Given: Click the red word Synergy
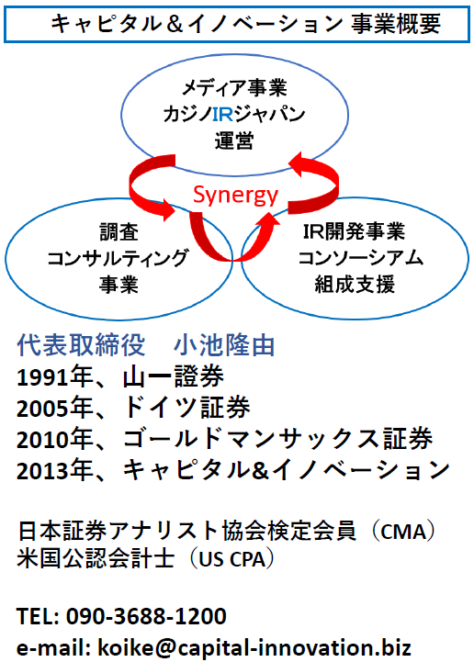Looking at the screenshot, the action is (235, 196).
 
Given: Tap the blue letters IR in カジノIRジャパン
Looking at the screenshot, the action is (222, 114).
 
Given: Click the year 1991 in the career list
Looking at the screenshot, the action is (42, 377).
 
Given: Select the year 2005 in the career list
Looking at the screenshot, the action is (42, 409).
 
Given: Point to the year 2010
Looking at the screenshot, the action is (42, 440).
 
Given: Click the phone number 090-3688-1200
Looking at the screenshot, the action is (146, 616).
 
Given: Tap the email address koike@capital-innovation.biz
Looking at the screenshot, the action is (254, 647).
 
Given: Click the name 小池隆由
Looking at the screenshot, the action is (224, 345).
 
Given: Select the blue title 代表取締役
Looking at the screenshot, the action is (81, 345).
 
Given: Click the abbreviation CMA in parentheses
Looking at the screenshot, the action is (404, 532).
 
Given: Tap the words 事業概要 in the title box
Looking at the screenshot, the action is (396, 24).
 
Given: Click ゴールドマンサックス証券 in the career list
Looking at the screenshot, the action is (278, 439).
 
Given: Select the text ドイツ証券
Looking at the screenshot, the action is (186, 408).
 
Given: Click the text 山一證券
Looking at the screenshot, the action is (174, 376).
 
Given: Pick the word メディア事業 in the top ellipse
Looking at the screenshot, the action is (235, 88).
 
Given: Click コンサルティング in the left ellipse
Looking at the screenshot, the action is (118, 258).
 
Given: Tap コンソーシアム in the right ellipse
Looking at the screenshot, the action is (360, 257).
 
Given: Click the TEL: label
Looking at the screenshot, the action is (38, 616).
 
